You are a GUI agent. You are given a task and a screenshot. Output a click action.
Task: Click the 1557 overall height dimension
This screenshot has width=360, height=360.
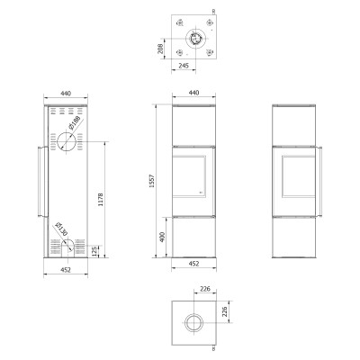point(152,181)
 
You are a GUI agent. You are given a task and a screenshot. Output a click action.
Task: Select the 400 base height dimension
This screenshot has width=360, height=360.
point(162,237)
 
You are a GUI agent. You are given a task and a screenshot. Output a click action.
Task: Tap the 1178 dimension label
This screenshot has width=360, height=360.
point(101,199)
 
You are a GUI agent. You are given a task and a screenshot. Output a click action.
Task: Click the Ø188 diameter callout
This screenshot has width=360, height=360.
point(75,122)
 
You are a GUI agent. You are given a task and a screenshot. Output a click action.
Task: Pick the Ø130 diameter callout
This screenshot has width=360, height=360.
point(61,229)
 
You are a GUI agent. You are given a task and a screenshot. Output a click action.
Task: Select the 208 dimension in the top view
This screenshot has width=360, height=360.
point(160,49)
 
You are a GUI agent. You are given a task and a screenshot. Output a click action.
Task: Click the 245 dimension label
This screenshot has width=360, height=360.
point(184,66)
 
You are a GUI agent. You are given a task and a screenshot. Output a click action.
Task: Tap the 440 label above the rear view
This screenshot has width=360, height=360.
point(66,94)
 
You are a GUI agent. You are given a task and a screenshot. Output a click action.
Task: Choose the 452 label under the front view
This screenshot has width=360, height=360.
point(194,264)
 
